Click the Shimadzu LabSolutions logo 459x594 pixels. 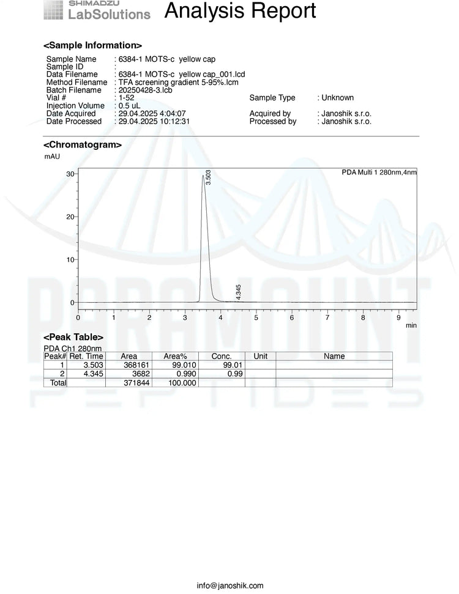[97, 10]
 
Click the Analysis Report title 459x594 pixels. [240, 11]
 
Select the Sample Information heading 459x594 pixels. [92, 45]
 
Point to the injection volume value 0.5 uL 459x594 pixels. [129, 106]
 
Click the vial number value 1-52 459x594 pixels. [126, 98]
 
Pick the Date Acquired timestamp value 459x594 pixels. [152, 114]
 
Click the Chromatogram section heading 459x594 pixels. [82, 145]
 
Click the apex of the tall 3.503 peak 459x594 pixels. [203, 176]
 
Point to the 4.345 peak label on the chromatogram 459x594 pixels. [239, 292]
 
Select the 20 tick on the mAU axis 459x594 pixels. [70, 217]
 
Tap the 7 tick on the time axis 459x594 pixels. [327, 317]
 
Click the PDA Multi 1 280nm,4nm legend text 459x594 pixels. [379, 173]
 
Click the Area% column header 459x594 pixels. [175, 356]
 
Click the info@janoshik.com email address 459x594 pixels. [229, 585]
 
